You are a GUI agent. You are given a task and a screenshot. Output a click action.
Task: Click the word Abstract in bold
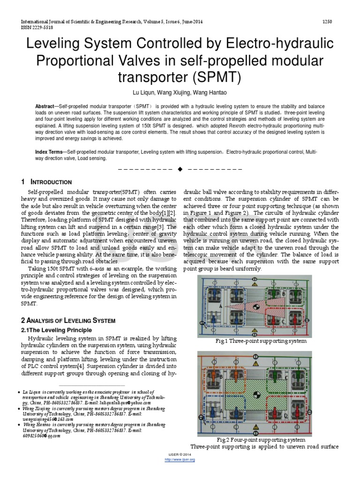pyautogui.click(x=45, y=107)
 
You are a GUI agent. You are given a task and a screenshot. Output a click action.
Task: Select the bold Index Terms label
pyautogui.click(x=51, y=152)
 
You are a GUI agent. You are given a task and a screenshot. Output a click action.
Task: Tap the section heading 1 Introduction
pyautogui.click(x=46, y=182)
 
